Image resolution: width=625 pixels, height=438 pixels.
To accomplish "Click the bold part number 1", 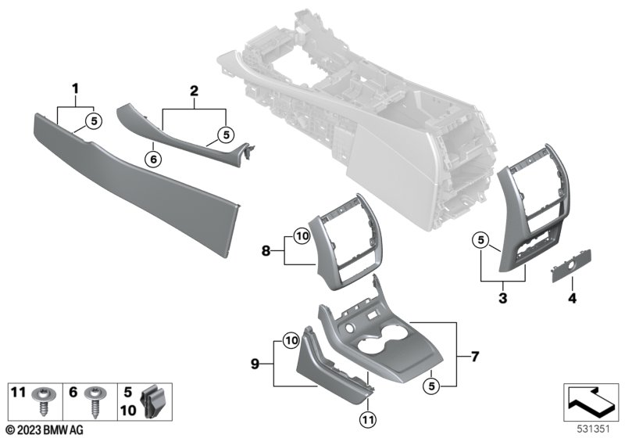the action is pos(75,88).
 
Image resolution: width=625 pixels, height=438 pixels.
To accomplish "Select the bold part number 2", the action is pos(194,91).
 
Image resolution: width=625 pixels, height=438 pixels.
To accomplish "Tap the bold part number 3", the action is pos(503,297).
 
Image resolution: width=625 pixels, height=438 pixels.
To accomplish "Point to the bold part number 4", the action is pos(572,297).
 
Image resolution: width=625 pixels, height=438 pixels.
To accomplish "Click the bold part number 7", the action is pos(475,356).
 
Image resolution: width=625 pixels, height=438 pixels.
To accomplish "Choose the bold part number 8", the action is pos(266,251).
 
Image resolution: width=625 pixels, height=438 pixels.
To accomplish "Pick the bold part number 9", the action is pos(255,364).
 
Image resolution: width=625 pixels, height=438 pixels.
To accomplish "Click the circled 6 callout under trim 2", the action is pos(153,160).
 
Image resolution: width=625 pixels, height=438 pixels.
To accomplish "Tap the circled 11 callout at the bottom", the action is pos(367,419).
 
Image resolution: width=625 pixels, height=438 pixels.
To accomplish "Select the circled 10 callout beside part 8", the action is pos(302,236).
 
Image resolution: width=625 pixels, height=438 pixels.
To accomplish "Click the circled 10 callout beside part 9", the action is pos(291,341).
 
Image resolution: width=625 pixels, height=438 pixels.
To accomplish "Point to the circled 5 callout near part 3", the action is pos(481,240).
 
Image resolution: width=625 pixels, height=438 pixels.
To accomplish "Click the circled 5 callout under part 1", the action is pos(94,120).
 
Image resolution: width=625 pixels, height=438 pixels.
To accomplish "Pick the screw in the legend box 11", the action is pos(43,401).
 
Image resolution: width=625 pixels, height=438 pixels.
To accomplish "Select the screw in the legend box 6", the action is pos(95,402).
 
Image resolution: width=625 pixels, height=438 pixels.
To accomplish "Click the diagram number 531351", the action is pos(594,429).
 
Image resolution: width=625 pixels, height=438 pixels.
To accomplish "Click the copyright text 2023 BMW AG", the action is pos(45,430).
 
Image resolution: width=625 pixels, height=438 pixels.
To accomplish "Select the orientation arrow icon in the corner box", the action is pos(591,402).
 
